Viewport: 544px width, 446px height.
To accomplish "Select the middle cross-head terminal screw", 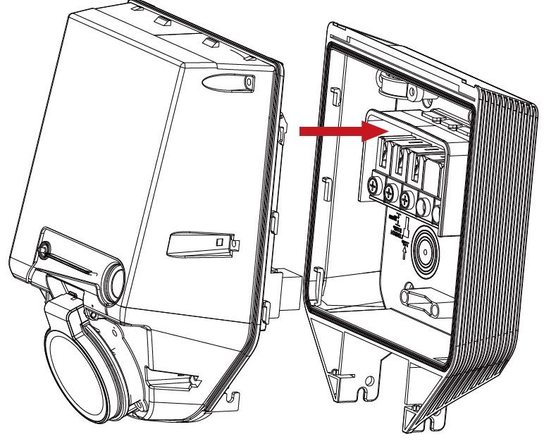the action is pos(390,193).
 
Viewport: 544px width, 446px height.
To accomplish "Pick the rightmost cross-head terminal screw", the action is pos(405,199).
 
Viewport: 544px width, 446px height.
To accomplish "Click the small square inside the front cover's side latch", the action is pos(218,242).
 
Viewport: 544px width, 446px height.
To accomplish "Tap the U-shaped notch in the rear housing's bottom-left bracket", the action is pos(366,385).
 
